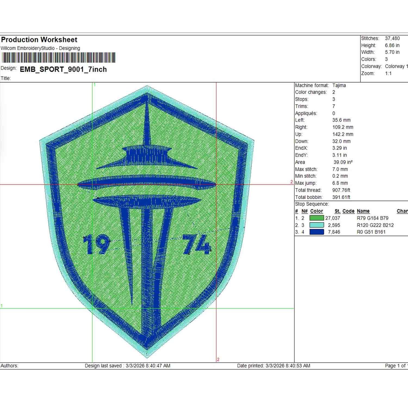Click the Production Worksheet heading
[39, 40]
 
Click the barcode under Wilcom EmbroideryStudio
[58, 58]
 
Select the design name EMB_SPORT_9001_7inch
[63, 70]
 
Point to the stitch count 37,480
[392, 38]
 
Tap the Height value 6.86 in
[392, 45]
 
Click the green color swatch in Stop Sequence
[317, 218]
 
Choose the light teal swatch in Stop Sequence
[317, 225]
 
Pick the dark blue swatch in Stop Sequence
[317, 232]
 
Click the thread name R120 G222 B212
[375, 225]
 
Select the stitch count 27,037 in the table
[333, 218]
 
